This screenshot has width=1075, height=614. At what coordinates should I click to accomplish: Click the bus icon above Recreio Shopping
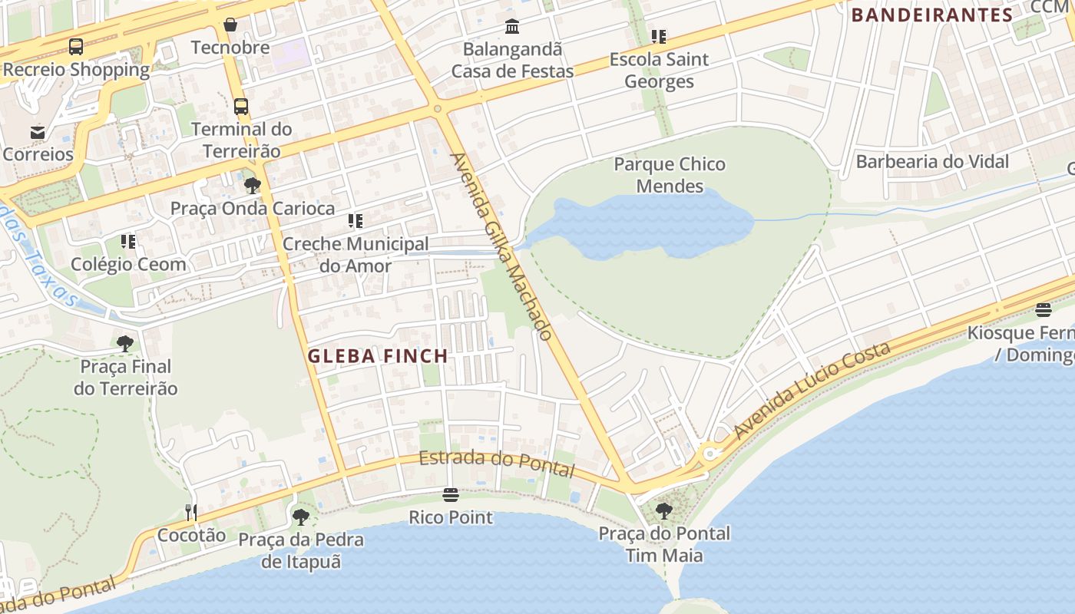pyautogui.click(x=76, y=47)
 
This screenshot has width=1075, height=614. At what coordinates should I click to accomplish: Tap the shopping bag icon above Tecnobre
pyautogui.click(x=230, y=25)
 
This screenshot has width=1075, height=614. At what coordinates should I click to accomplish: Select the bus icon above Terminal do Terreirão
pyautogui.click(x=241, y=107)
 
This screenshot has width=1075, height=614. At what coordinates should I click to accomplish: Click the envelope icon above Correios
pyautogui.click(x=38, y=132)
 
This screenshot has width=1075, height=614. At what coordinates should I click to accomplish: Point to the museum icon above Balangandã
pyautogui.click(x=512, y=28)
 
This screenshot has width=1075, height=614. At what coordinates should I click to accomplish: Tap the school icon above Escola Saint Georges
pyautogui.click(x=659, y=37)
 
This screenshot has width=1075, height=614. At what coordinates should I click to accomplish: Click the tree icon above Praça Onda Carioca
pyautogui.click(x=252, y=186)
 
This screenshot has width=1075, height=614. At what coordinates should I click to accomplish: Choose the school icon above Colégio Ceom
pyautogui.click(x=128, y=243)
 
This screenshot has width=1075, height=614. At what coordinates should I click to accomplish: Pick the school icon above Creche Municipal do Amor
pyautogui.click(x=356, y=222)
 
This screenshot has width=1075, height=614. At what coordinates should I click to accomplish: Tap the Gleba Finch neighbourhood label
pyautogui.click(x=378, y=356)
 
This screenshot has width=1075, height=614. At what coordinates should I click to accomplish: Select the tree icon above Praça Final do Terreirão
pyautogui.click(x=125, y=344)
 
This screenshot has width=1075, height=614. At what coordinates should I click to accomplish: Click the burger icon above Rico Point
pyautogui.click(x=451, y=495)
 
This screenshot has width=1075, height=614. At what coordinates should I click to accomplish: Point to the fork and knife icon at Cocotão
pyautogui.click(x=191, y=512)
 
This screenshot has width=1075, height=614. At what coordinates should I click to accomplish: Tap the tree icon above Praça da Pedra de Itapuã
pyautogui.click(x=301, y=517)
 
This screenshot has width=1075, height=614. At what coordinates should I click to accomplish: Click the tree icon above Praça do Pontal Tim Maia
pyautogui.click(x=664, y=510)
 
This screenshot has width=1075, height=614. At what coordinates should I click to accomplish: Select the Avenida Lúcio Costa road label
pyautogui.click(x=812, y=390)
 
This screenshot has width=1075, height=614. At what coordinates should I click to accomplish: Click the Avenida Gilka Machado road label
pyautogui.click(x=501, y=246)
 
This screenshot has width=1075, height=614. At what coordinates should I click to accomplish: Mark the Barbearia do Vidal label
pyautogui.click(x=932, y=162)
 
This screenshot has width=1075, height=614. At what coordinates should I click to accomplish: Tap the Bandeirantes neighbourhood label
pyautogui.click(x=932, y=15)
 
